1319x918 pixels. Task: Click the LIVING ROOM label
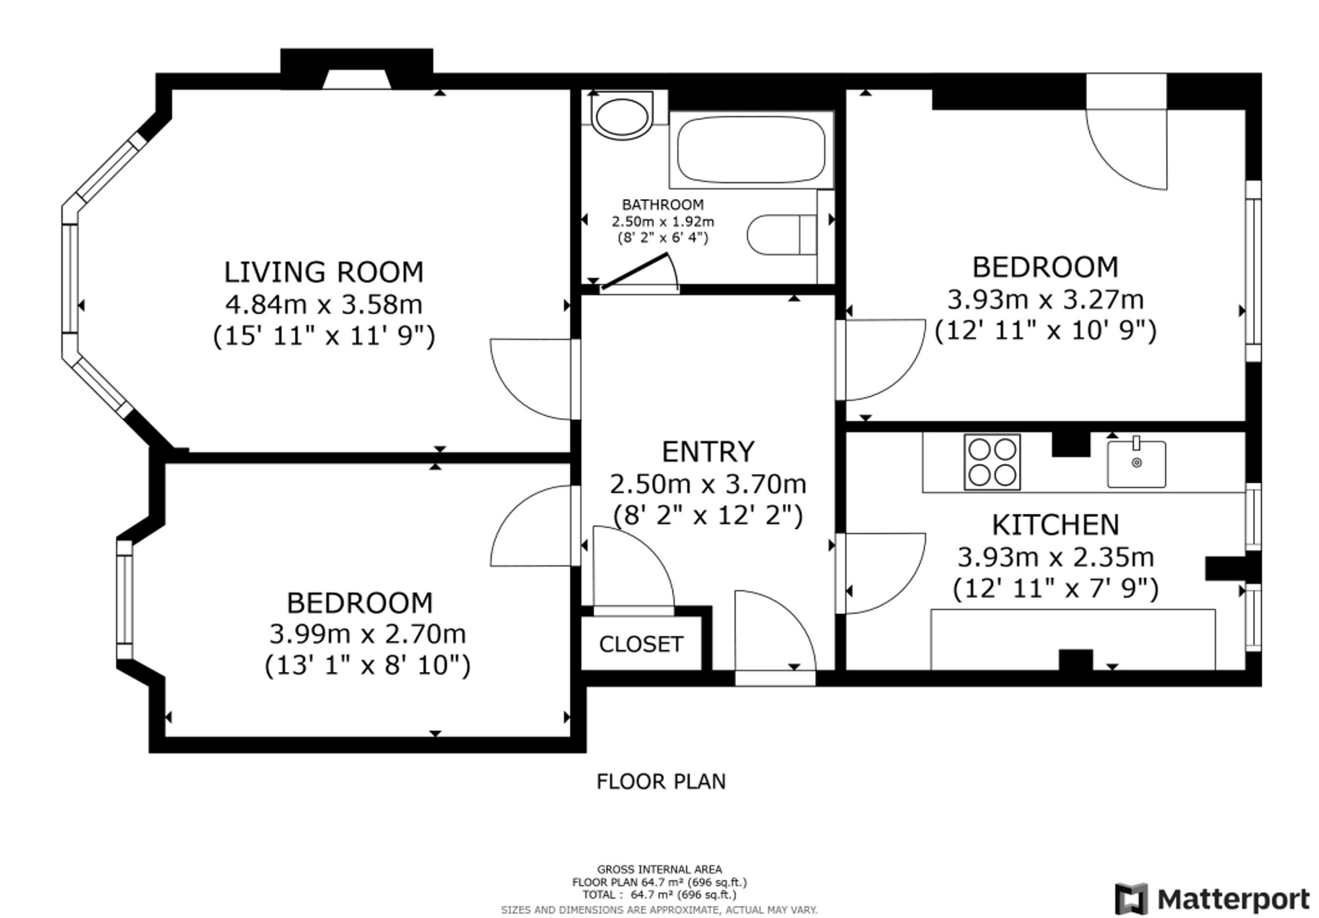(x=323, y=272)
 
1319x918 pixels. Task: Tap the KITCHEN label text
(x=1055, y=525)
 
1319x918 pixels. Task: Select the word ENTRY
(x=708, y=452)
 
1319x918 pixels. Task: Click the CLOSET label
(x=640, y=644)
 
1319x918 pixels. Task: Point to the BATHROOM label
(x=663, y=204)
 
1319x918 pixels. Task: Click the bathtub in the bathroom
(x=751, y=150)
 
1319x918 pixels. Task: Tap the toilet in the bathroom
(x=782, y=234)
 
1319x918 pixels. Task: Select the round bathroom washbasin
(x=621, y=115)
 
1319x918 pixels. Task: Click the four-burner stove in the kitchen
(x=992, y=462)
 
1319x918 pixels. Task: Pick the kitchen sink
(x=1136, y=464)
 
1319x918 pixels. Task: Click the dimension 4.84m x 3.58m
(x=323, y=305)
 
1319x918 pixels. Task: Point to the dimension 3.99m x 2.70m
(x=367, y=634)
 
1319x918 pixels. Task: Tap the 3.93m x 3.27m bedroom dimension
(x=1045, y=300)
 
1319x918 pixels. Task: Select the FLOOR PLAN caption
(x=661, y=781)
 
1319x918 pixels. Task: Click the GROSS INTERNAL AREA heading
(x=659, y=869)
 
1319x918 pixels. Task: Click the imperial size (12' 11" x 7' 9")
(x=1055, y=588)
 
